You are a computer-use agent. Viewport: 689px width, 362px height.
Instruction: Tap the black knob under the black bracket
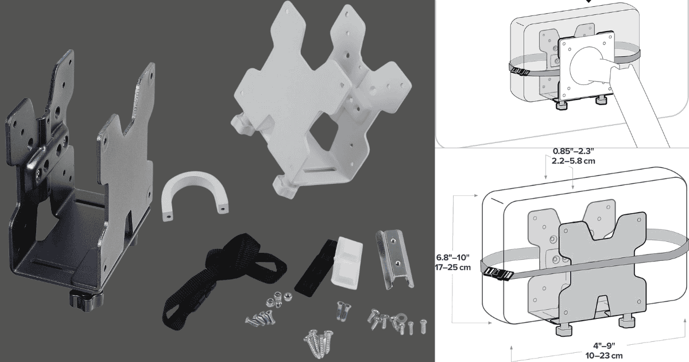coord(86,299)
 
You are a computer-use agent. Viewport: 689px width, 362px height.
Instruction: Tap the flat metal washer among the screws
coord(401,317)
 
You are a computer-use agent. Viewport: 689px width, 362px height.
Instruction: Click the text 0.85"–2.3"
coord(574,151)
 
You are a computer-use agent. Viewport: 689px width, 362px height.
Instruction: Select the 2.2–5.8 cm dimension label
coord(574,161)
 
